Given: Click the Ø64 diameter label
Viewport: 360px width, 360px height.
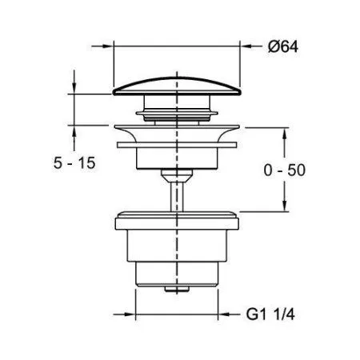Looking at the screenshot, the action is pyautogui.click(x=283, y=46).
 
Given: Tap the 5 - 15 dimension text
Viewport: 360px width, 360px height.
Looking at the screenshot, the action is pyautogui.click(x=74, y=162).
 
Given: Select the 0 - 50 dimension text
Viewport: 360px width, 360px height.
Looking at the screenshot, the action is pyautogui.click(x=285, y=170).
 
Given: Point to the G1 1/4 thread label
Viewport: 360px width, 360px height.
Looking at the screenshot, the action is pyautogui.click(x=270, y=314).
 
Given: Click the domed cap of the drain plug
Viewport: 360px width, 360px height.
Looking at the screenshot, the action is pyautogui.click(x=177, y=86).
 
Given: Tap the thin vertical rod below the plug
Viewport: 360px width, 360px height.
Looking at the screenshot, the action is pyautogui.click(x=177, y=197).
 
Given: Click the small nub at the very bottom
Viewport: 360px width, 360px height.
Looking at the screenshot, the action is pyautogui.click(x=177, y=289).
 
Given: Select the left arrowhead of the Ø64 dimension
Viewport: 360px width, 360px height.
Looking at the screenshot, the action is pyautogui.click(x=107, y=46).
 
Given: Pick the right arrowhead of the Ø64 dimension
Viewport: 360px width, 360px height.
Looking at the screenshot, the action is pyautogui.click(x=246, y=46).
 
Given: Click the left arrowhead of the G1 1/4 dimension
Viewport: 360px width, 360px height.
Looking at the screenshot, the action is pyautogui.click(x=130, y=314).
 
